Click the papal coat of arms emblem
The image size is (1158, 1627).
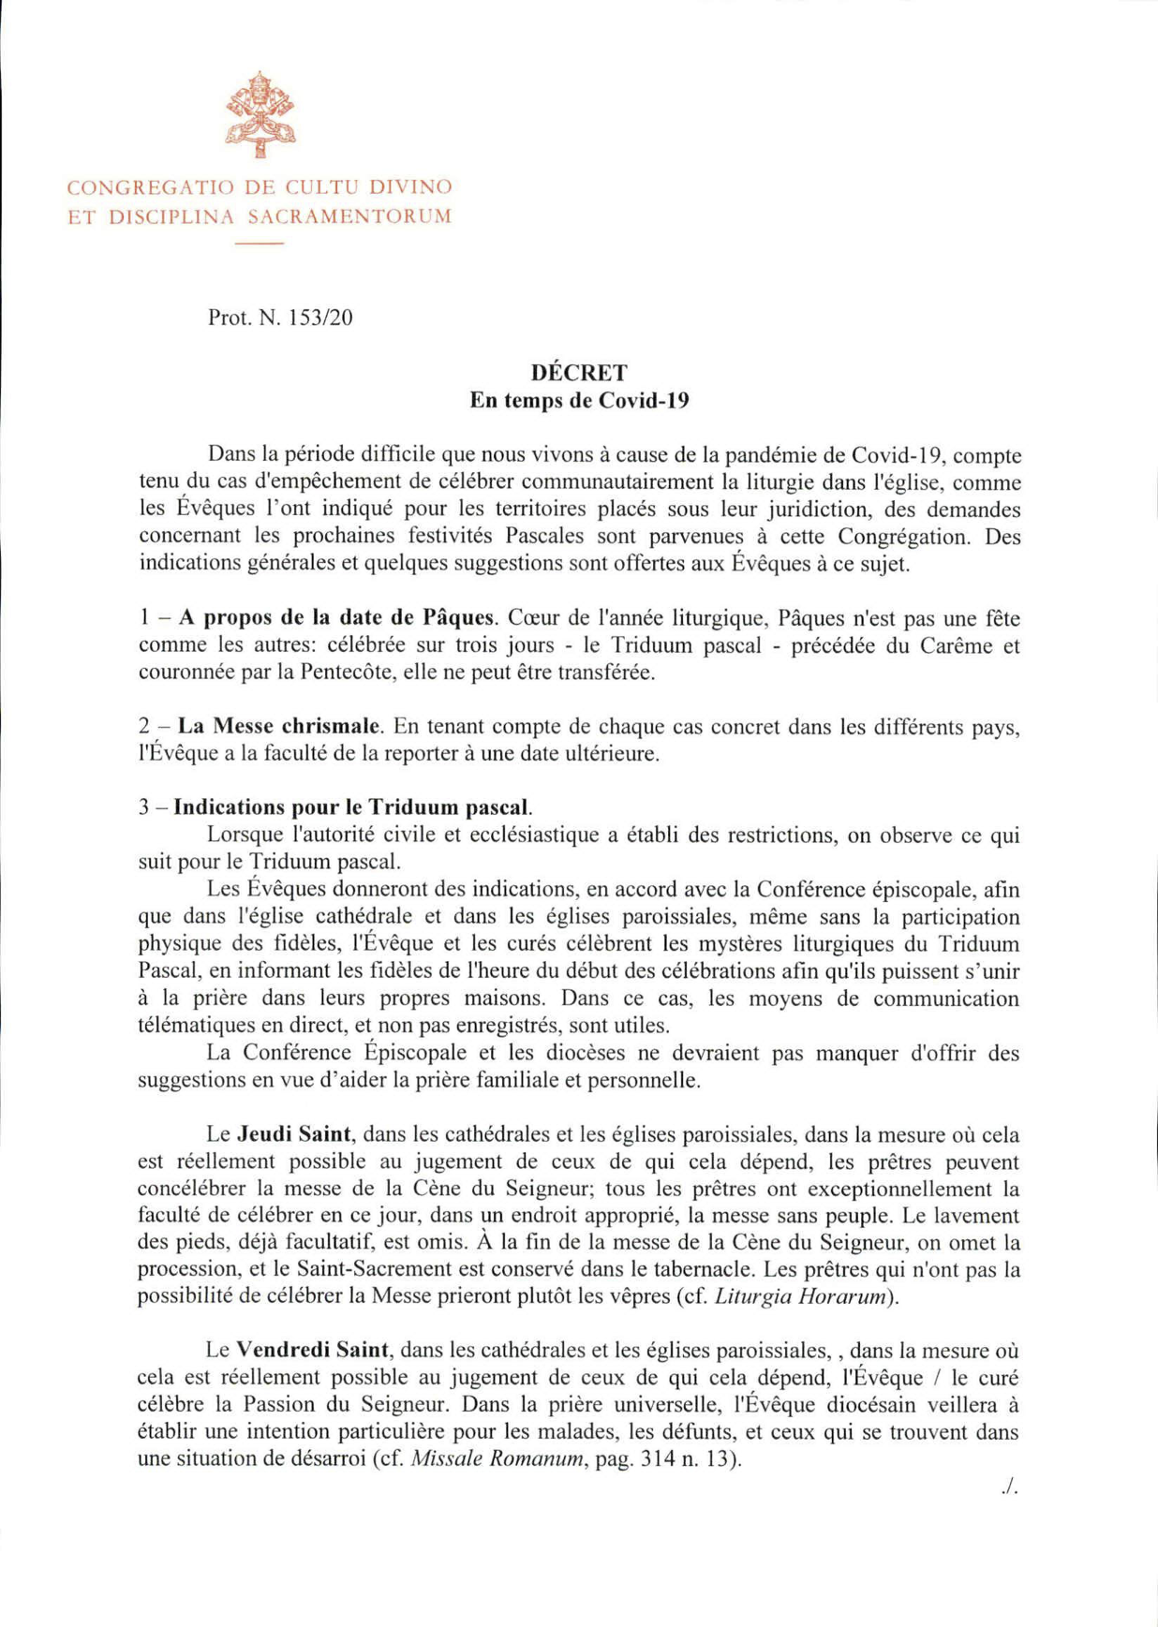click(260, 114)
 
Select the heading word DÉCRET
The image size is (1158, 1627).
click(579, 373)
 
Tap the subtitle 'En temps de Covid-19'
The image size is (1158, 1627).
click(579, 401)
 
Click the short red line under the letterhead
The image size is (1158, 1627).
click(259, 244)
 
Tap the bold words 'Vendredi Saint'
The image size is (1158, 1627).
click(312, 1351)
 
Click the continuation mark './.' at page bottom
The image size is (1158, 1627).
click(1009, 1486)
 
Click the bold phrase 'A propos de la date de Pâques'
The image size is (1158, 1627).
click(336, 618)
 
